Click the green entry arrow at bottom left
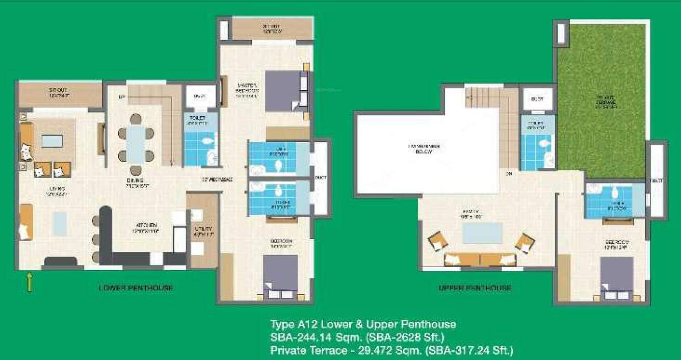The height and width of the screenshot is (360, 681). point(30,282)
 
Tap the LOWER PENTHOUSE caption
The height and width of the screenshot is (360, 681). point(136,288)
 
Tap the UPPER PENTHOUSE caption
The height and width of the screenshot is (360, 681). point(475,288)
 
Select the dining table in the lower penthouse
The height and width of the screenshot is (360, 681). point(136,144)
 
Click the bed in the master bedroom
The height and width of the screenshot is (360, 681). point(282,91)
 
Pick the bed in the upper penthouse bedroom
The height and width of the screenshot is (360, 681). point(616,276)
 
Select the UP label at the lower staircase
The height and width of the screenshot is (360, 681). point(121,97)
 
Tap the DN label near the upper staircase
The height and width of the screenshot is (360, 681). point(508,174)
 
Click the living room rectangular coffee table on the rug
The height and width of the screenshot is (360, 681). point(52,141)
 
